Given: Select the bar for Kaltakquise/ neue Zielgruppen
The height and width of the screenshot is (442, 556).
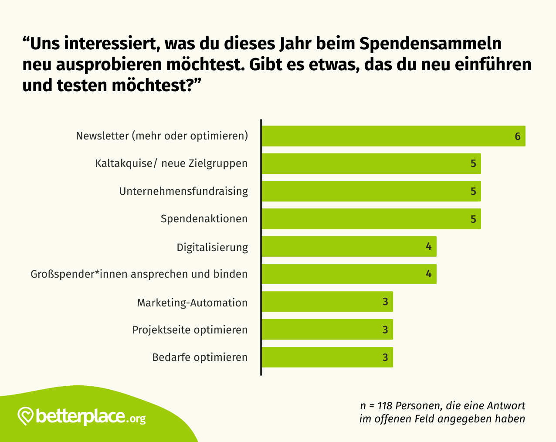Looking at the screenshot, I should point(370,163).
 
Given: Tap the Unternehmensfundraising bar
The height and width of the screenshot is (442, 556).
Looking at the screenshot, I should point(370,191).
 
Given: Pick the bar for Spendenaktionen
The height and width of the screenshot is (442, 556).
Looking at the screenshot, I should point(370,219).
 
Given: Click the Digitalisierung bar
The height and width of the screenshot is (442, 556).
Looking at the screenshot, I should point(349,246).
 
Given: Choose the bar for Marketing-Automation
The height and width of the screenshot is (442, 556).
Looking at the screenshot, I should point(327,302).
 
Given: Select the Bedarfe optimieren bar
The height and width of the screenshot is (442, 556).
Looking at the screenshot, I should point(327,357).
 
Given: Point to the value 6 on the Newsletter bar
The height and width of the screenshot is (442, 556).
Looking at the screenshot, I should point(518,136).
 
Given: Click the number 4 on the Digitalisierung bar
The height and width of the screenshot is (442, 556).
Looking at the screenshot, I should point(429,247).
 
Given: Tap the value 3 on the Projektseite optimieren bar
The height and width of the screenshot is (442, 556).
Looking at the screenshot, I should point(385,330).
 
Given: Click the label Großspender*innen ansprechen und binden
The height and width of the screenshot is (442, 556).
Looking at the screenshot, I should point(139,274).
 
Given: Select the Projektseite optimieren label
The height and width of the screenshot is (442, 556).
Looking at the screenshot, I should point(190,330).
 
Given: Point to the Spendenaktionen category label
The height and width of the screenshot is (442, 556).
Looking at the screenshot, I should point(204,219).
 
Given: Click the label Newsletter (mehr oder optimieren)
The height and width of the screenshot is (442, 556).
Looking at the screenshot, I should point(162,136).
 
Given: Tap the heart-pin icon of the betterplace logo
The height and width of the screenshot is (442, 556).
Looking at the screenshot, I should point(26,416).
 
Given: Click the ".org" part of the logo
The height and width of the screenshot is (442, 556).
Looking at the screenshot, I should point(137,419).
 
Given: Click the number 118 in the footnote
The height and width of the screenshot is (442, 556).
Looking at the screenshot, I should point(385,406).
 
